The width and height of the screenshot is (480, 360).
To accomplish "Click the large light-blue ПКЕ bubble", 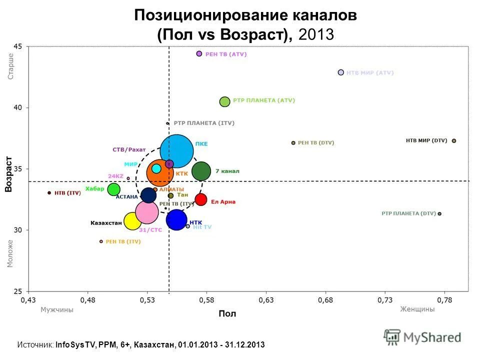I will [177, 150].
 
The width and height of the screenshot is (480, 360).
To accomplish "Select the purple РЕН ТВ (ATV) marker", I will [199, 53].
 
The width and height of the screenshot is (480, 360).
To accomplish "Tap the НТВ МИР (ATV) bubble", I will [341, 72].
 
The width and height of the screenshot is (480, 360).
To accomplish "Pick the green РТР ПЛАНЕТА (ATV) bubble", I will [225, 101].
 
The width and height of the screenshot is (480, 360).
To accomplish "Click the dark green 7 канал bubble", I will [201, 171].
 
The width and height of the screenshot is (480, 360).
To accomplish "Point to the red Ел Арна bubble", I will [201, 199].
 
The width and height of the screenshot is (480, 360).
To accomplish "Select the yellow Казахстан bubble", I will [132, 220].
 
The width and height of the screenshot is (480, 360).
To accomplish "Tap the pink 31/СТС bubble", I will [146, 212].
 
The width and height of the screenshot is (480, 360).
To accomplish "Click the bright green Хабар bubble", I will [114, 189].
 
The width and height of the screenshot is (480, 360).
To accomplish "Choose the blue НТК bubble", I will [176, 219].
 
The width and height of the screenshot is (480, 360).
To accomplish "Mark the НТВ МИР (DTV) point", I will [454, 140].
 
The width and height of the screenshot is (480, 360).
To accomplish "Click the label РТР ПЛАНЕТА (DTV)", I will [408, 213].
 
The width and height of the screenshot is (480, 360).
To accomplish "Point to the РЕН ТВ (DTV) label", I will [316, 142].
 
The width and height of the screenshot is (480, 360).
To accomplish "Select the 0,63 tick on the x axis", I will [265, 300].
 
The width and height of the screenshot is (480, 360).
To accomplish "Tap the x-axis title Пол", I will [227, 314].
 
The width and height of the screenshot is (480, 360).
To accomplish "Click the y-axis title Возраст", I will [8, 173].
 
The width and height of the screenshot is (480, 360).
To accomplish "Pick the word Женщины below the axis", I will [417, 309].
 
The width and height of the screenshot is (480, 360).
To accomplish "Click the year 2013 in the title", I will [316, 35].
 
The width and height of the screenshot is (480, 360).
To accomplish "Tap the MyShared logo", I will [422, 336].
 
